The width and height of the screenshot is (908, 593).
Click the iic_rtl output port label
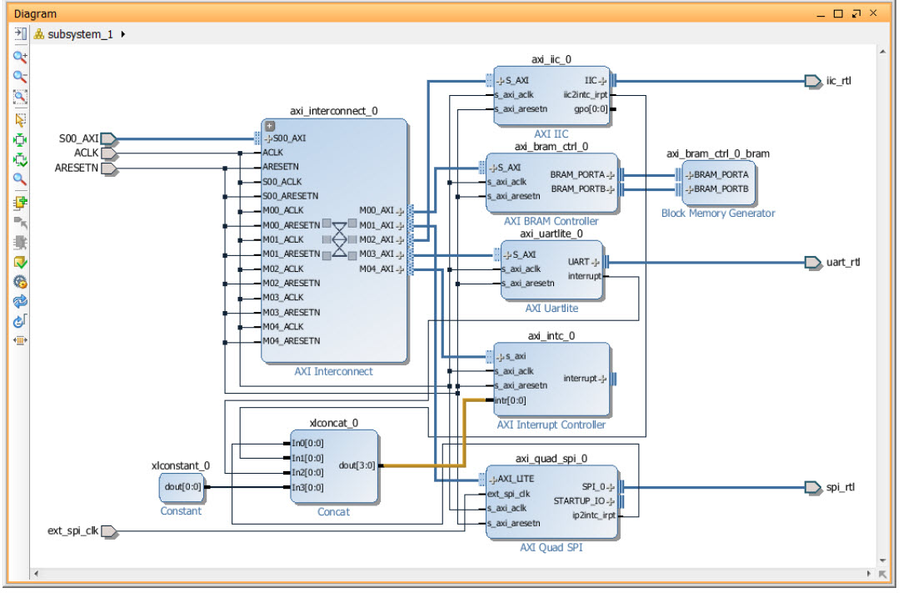coord(840,81)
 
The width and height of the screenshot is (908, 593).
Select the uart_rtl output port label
coord(843,262)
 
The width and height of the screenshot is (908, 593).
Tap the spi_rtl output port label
coord(841,486)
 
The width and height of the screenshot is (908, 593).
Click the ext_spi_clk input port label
coord(73,530)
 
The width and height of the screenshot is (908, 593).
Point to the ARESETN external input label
coord(77,168)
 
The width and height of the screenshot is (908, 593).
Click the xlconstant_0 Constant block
coord(181,486)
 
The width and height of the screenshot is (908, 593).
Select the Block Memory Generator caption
coord(718,214)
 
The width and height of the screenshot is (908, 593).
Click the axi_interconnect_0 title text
coord(334,111)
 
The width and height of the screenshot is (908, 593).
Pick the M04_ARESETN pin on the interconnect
coord(291,341)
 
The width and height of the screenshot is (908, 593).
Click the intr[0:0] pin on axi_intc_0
coord(511,400)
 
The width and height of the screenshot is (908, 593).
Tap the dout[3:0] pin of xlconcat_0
coord(357,465)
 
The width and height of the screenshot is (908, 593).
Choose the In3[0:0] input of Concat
coord(308,487)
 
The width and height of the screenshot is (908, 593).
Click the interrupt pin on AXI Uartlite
coord(584,276)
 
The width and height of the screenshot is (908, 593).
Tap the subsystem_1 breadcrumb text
coord(80,34)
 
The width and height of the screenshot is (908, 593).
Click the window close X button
coord(873,13)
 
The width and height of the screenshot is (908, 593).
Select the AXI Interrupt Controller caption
coord(551,425)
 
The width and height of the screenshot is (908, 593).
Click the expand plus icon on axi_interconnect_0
coord(270,126)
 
